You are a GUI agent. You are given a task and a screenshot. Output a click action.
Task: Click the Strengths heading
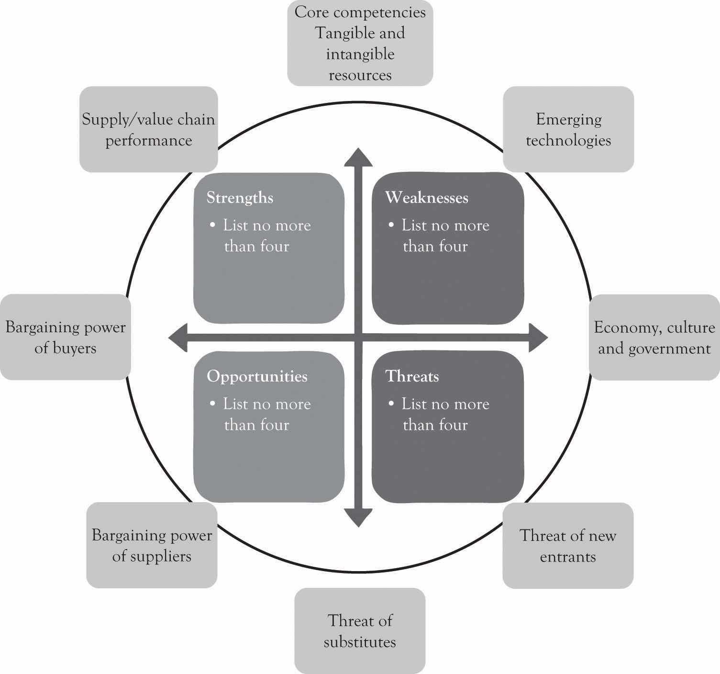pos(240,198)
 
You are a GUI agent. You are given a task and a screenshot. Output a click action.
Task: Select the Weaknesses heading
pos(426,198)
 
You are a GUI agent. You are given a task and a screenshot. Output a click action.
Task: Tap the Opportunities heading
pos(257,376)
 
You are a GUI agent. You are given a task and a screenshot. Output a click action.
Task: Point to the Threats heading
pos(412,376)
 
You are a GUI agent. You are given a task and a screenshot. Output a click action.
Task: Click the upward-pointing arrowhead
pos(358,158)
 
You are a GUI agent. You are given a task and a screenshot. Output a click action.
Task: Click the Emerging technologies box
pos(568,129)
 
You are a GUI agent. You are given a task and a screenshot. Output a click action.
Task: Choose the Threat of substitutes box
pos(360,631)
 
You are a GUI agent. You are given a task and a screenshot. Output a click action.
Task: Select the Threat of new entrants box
pos(568,545)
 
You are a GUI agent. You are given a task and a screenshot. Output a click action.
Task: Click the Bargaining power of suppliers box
pos(152,545)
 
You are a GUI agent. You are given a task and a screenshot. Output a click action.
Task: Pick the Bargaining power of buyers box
pos(65,337)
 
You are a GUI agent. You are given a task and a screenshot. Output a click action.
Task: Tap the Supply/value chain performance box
pos(148,129)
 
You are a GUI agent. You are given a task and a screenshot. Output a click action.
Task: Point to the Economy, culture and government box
pos(654,337)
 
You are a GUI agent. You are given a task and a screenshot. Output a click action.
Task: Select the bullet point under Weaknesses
pos(392,225)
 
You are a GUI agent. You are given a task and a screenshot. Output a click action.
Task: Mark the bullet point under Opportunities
pos(213,404)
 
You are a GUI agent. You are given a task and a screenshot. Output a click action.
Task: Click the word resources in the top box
pos(360,75)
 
